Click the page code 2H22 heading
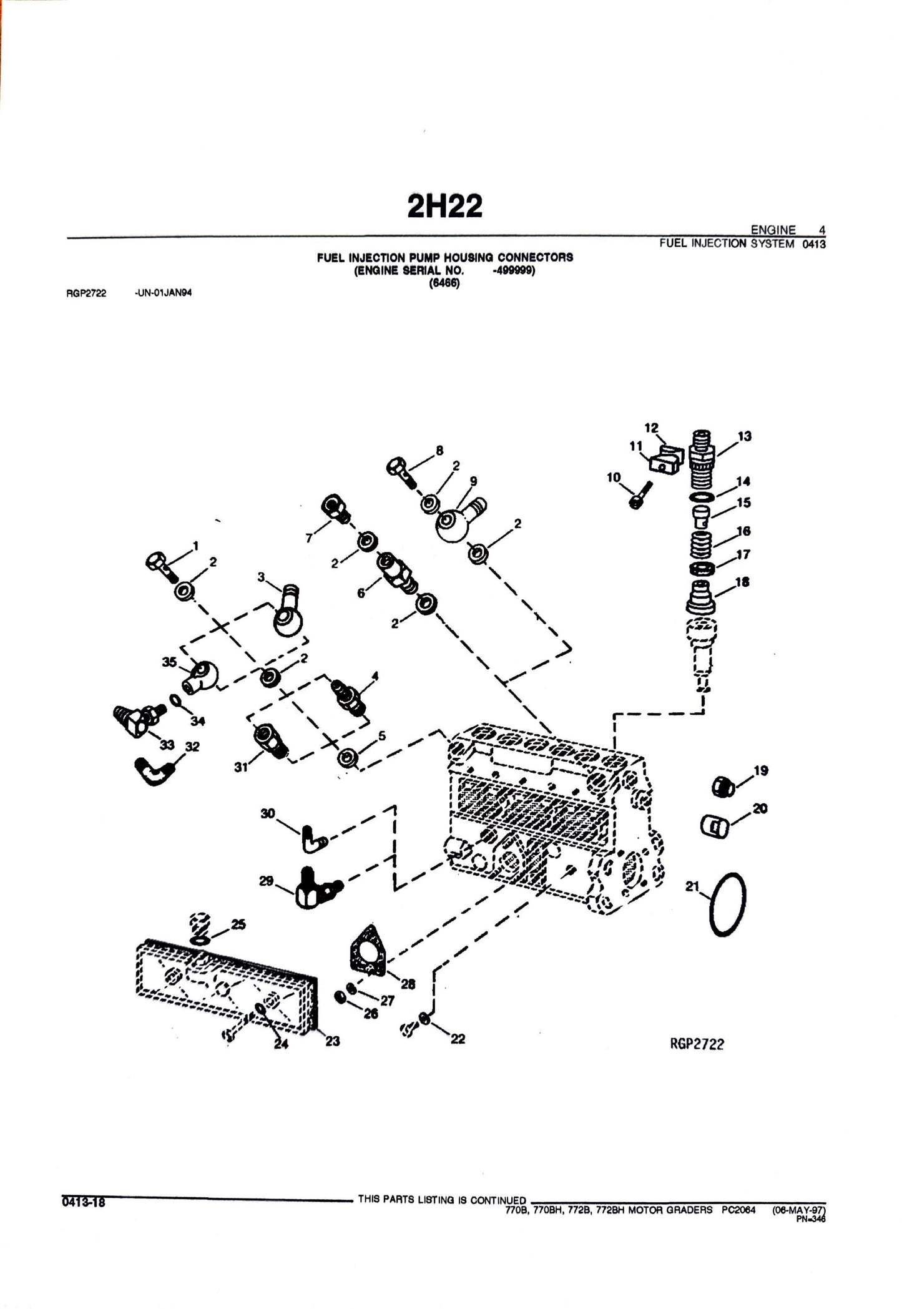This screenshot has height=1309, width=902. point(444,205)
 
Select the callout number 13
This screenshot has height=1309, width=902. point(744,436)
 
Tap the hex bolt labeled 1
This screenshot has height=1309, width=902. point(159,564)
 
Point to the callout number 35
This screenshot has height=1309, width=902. point(169,662)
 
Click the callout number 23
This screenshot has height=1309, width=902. point(332,1041)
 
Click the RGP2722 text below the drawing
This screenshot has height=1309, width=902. point(696,1044)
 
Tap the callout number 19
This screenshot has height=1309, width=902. point(760,770)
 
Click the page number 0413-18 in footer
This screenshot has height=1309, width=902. point(83,1200)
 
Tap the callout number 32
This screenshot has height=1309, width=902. point(192,747)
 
